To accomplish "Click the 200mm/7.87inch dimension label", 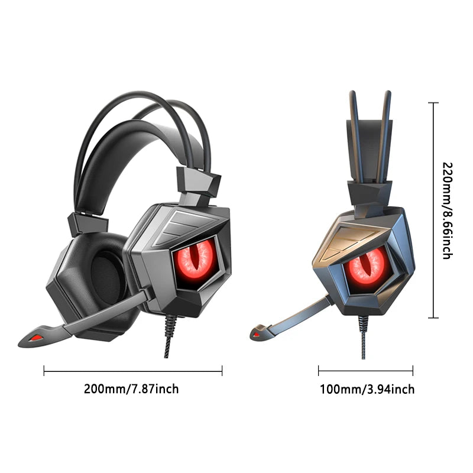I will click(131, 388).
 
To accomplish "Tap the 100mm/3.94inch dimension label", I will click(367, 389).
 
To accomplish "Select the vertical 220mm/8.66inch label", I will click(447, 210).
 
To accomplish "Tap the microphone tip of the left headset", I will click(34, 338).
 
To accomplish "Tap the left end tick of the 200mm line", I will click(44, 371).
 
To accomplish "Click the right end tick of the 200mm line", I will click(222, 371).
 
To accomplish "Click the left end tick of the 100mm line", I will click(319, 371).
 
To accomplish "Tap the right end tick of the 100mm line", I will click(413, 371).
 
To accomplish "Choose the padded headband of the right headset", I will click(370, 148).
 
